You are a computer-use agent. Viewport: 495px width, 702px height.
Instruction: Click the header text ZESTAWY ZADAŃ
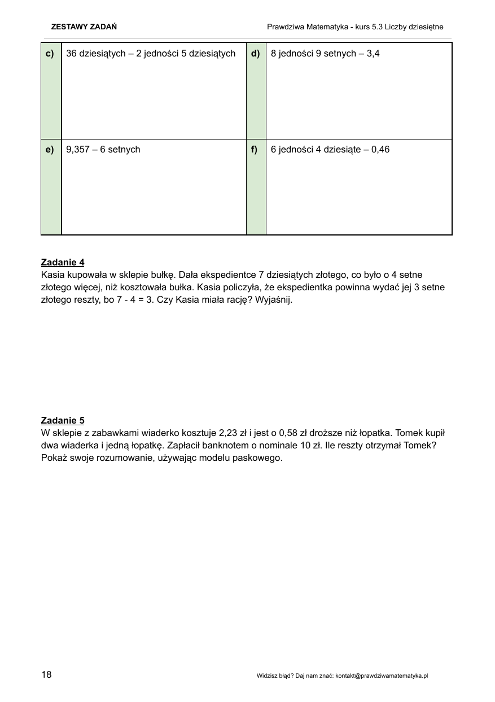[x=84, y=27]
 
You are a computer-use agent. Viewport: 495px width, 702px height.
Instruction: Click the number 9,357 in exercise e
[x=78, y=150]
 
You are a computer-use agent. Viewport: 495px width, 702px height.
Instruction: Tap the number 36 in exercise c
[x=71, y=54]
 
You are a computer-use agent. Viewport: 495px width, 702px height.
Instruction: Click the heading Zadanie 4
[x=63, y=262]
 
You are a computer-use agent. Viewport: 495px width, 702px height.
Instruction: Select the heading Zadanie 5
[x=63, y=420]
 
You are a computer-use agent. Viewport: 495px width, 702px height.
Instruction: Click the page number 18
[x=46, y=674]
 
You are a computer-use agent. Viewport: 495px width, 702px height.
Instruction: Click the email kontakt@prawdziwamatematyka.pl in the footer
[x=382, y=675]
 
